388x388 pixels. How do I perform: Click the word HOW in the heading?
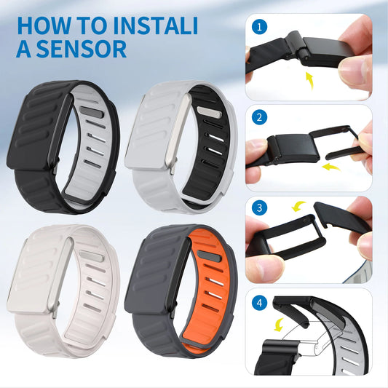(40, 23)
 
